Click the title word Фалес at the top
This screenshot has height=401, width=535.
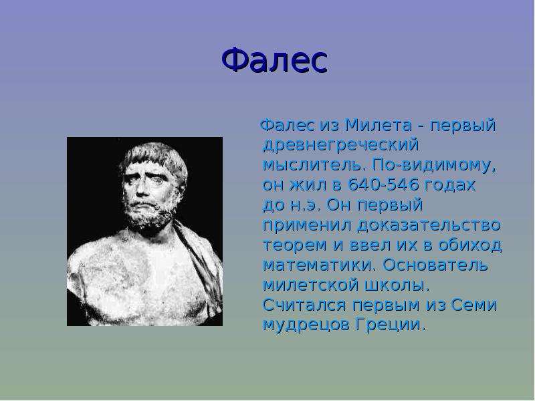275,60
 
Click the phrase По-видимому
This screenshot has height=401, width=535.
434,166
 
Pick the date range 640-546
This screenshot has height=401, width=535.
383,185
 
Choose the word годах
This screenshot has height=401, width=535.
450,186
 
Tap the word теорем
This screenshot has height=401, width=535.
295,245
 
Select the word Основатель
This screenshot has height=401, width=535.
436,265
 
